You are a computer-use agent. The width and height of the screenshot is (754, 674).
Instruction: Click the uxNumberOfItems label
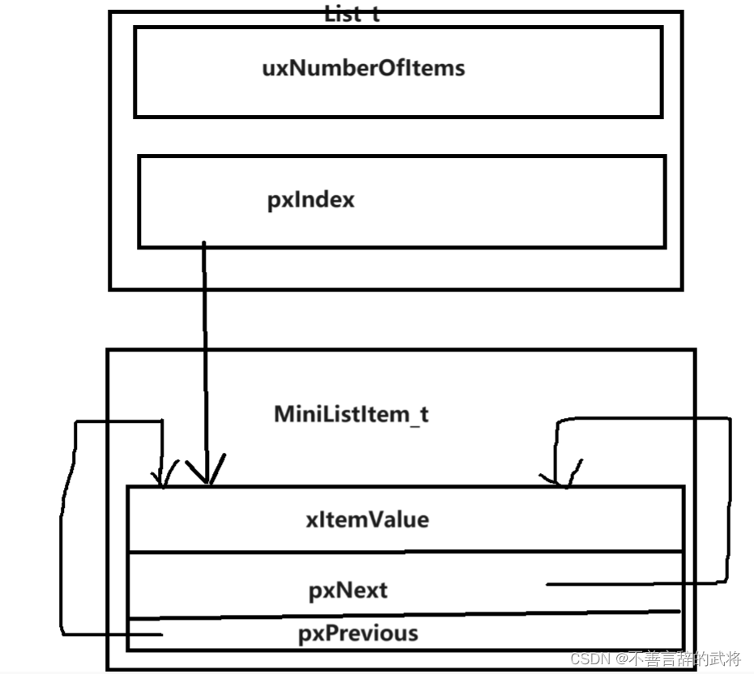point(364,67)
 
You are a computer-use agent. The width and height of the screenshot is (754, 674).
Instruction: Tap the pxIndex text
point(311,200)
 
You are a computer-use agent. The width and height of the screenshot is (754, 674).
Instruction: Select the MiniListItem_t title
point(351,415)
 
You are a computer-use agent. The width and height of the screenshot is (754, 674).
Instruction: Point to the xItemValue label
point(367,519)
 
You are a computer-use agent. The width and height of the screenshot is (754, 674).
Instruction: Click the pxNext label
point(348,590)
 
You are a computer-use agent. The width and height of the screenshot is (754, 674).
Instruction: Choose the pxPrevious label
point(358,633)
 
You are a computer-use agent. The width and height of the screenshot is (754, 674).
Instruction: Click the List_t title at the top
point(351,14)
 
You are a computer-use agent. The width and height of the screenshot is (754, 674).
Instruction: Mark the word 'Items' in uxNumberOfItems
point(438,67)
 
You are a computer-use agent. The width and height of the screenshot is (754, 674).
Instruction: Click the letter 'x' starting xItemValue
point(311,519)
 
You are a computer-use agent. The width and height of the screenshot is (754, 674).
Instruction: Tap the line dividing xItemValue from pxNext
point(405,552)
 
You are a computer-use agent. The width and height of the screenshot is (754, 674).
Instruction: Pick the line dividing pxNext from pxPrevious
point(405,616)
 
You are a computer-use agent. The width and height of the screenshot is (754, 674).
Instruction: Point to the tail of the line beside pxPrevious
point(161,635)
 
